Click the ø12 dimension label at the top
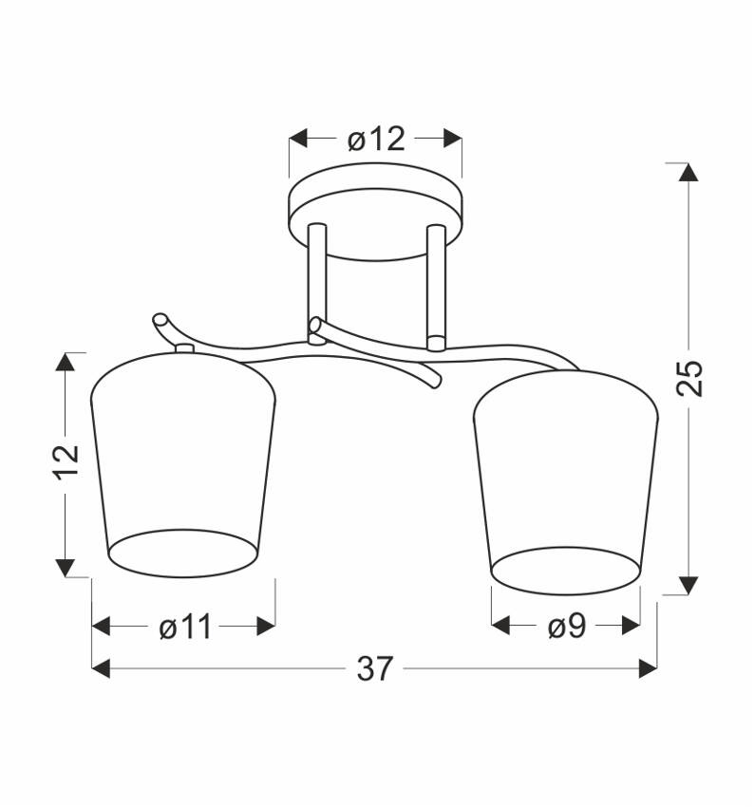click(376, 139)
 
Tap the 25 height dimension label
click(688, 378)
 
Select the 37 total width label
click(375, 668)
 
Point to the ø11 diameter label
click(185, 627)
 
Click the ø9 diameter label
click(567, 627)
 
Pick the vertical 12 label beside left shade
click(66, 461)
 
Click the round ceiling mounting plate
click(376, 211)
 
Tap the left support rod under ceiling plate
click(316, 283)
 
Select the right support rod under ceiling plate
click(436, 287)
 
